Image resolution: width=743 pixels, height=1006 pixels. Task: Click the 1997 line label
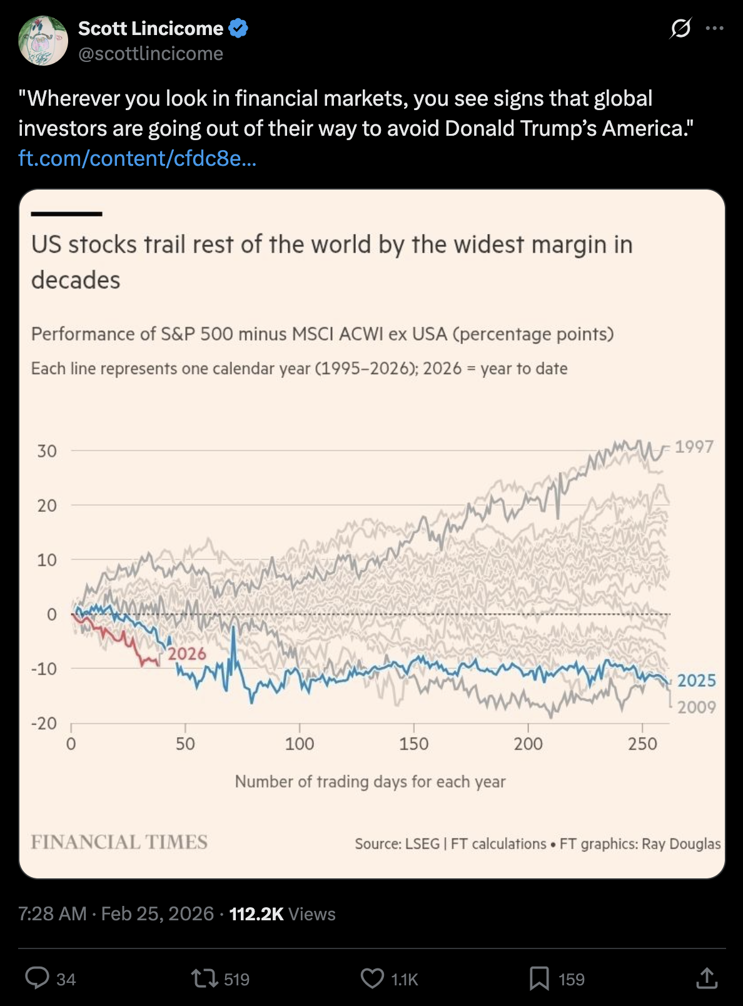click(694, 447)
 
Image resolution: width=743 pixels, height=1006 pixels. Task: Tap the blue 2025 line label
click(696, 681)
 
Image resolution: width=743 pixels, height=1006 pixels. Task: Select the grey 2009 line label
click(696, 708)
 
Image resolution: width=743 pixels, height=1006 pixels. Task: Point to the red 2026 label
click(186, 654)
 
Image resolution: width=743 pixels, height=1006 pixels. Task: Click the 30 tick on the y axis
click(47, 451)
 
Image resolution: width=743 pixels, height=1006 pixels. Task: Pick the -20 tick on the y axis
click(44, 723)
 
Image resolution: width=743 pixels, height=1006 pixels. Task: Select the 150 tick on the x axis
click(413, 744)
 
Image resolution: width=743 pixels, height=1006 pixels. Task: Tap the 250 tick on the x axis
click(642, 744)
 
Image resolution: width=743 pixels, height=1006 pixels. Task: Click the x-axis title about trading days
click(370, 781)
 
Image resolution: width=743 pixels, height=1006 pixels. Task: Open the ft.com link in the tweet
click(137, 158)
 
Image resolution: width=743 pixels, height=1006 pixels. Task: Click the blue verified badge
click(238, 28)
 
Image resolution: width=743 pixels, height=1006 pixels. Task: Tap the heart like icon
click(372, 978)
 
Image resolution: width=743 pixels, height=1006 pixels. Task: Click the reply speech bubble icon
click(37, 978)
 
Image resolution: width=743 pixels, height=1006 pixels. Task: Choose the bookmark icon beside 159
click(538, 978)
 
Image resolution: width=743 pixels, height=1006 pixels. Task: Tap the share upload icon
click(707, 978)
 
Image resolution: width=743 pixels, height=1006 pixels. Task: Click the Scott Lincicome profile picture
click(43, 41)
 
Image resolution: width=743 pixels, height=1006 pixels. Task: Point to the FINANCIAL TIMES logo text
click(119, 842)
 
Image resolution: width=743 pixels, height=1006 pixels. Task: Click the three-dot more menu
click(714, 28)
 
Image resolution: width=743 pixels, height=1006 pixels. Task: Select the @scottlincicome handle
click(151, 54)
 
